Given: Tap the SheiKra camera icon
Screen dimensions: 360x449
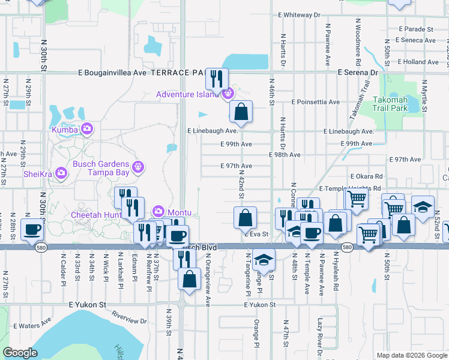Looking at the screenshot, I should (x=61, y=173).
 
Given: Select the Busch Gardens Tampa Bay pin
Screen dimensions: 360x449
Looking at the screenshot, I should (x=138, y=167).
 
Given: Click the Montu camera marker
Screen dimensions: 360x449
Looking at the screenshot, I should (x=158, y=211).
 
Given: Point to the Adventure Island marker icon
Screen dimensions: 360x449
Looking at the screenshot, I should (x=228, y=94).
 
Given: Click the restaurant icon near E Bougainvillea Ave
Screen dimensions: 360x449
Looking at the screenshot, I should (x=217, y=78).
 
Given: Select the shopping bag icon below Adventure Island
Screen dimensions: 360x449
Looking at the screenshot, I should (x=241, y=111).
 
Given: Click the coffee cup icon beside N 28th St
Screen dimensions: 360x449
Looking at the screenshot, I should (x=32, y=229).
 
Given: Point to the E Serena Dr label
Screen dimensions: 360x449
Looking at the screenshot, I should (x=358, y=72).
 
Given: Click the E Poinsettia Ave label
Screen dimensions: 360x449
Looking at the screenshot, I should (x=316, y=102).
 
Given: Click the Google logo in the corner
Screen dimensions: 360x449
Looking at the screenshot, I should (x=20, y=353).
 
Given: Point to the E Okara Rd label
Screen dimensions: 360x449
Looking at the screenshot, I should (x=366, y=176).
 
